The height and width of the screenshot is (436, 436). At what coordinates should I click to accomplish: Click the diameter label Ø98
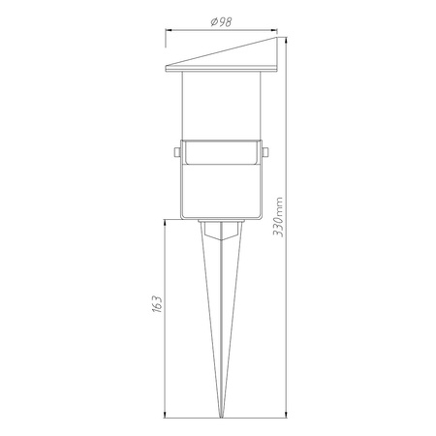click(221, 22)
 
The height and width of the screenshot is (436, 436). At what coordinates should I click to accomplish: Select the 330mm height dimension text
click(278, 217)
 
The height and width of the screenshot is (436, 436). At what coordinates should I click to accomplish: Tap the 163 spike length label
click(157, 303)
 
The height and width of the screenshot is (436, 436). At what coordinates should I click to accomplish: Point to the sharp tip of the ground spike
click(221, 418)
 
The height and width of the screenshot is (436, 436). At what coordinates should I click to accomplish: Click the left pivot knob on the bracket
click(177, 152)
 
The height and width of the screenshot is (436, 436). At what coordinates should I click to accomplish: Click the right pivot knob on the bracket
click(265, 152)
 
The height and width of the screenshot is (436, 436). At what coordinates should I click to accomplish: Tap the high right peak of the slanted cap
click(277, 37)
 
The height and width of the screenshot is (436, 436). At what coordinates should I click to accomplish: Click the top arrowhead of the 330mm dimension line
click(286, 40)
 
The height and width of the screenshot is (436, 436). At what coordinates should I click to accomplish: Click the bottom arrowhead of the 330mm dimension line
click(286, 415)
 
